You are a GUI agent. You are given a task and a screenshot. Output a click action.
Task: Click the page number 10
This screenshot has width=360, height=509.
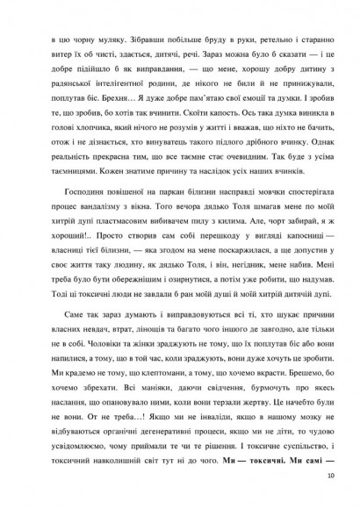[x=329, y=477]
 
